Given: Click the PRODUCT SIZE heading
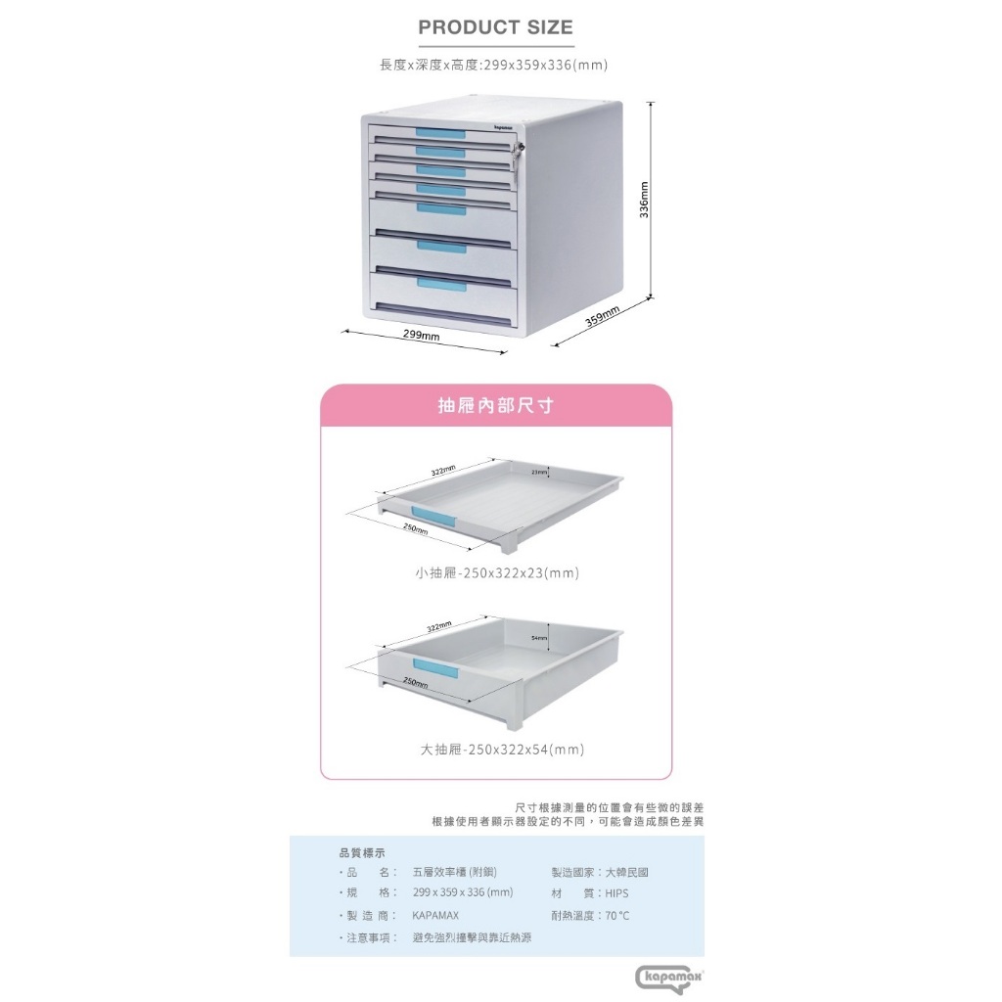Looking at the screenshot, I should click(495, 27).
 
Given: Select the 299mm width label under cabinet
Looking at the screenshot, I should click(422, 336).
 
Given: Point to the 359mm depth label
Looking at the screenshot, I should click(602, 318).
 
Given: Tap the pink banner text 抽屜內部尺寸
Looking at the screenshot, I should click(495, 405).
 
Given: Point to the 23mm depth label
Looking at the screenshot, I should click(538, 473).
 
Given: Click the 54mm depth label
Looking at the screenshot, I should click(538, 638).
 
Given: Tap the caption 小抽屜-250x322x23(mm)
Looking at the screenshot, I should click(497, 573).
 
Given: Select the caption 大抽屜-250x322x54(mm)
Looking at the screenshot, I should click(502, 751).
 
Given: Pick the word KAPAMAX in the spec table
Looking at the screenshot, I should click(435, 916).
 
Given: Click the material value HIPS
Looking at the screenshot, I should click(616, 893).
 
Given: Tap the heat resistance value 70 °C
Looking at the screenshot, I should click(616, 916).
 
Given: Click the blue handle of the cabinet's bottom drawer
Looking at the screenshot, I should click(441, 283).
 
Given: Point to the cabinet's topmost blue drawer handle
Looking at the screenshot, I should click(440, 133).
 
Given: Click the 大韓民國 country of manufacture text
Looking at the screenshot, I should click(626, 872).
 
